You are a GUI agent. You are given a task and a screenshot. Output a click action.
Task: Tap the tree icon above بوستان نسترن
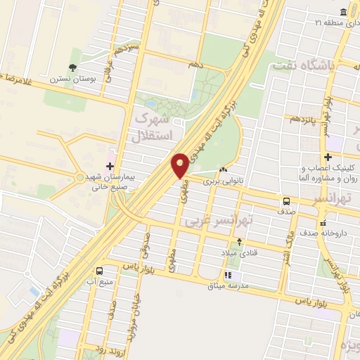(72, 68)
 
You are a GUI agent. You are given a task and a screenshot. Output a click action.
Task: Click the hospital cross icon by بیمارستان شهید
(109, 167)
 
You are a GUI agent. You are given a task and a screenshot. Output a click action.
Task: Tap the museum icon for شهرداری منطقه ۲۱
(342, 13)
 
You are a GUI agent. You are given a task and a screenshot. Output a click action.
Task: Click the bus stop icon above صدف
(286, 200)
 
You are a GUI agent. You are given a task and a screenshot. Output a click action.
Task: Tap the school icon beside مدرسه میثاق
(227, 275)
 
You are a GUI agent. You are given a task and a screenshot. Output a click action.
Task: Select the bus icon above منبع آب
(100, 270)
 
